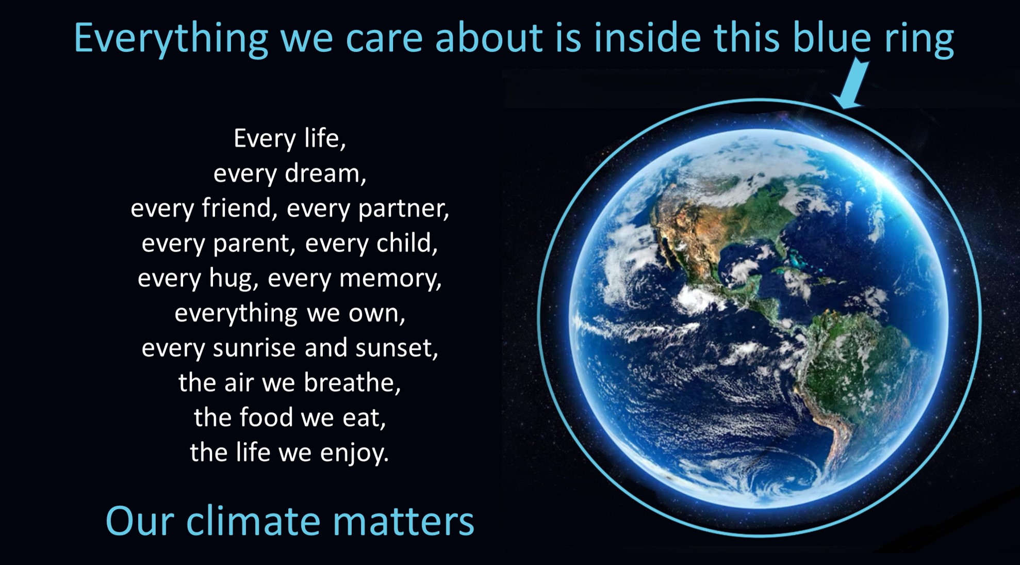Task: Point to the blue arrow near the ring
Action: coord(851,83)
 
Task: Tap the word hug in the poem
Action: coord(231,279)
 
